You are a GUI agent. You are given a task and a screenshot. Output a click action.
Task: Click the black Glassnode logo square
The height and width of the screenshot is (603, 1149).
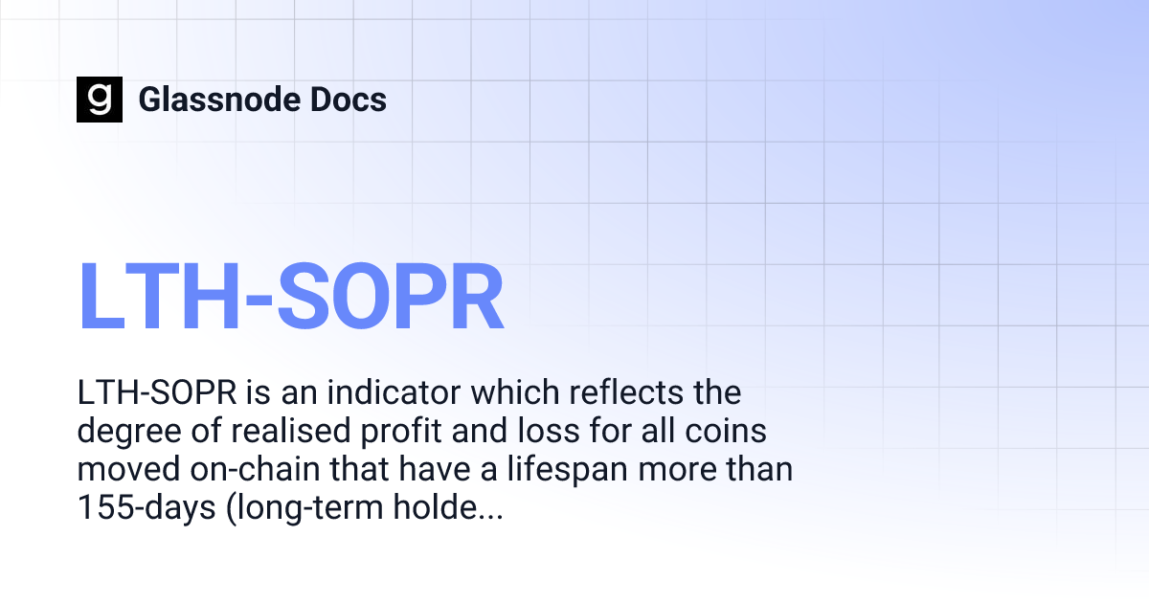[100, 100]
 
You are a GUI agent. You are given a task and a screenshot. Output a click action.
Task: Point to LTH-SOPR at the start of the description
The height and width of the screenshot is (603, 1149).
[156, 393]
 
